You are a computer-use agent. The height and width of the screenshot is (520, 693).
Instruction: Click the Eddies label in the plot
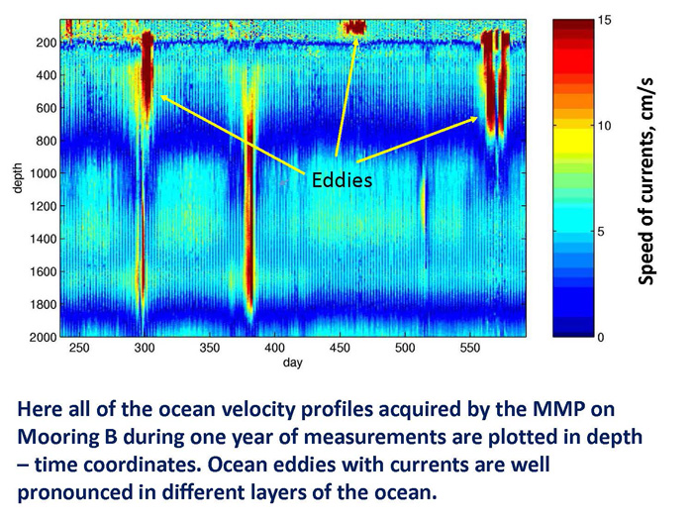[x=342, y=180]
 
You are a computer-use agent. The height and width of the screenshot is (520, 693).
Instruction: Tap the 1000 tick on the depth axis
[x=45, y=173]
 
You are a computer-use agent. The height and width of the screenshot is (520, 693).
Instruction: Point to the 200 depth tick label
[x=47, y=43]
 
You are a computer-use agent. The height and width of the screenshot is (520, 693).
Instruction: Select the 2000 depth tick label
[x=44, y=338]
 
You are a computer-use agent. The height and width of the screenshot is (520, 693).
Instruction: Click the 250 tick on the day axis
[x=79, y=348]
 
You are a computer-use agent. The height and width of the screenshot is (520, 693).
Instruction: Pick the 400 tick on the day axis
[x=274, y=348]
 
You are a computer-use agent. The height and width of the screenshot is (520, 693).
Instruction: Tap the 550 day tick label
[x=470, y=348]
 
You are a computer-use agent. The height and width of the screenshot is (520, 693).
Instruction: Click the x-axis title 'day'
[x=293, y=363]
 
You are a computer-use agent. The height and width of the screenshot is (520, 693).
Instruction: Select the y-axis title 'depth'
[x=17, y=178]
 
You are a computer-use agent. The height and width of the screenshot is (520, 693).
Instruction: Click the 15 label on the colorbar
[x=605, y=21]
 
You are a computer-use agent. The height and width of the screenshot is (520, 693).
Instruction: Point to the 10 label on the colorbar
[x=605, y=126]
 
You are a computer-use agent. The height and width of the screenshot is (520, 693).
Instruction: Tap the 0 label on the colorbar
[x=601, y=338]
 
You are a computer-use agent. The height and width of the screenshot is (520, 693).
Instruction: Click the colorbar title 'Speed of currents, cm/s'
[x=646, y=181]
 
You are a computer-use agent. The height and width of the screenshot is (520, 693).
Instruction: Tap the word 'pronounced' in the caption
[x=75, y=492]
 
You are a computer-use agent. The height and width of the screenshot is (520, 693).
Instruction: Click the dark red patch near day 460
[x=355, y=28]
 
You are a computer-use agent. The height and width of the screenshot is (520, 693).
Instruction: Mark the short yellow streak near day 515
[x=424, y=203]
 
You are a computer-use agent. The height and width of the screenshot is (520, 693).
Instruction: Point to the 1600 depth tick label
[x=44, y=272]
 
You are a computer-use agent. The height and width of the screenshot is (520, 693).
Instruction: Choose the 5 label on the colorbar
[x=601, y=232]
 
